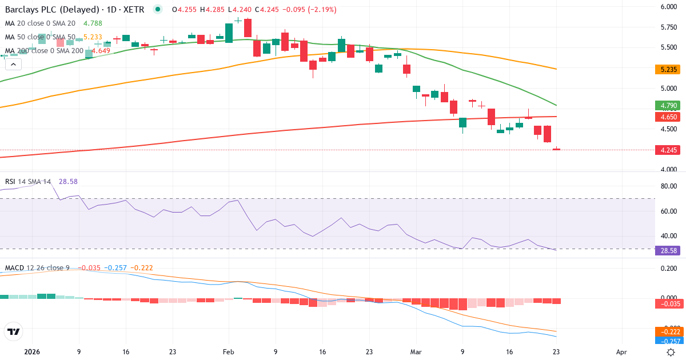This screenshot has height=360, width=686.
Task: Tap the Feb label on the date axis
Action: coord(228,352)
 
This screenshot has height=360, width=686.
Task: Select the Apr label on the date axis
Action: coord(621,352)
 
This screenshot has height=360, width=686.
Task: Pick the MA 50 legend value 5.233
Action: coord(93,37)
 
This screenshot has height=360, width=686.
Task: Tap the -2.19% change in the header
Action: coord(321,10)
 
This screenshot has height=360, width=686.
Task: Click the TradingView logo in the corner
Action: coord(13,331)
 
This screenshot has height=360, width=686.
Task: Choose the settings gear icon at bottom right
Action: coord(671,352)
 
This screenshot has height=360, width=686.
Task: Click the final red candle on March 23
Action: coord(556,149)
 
